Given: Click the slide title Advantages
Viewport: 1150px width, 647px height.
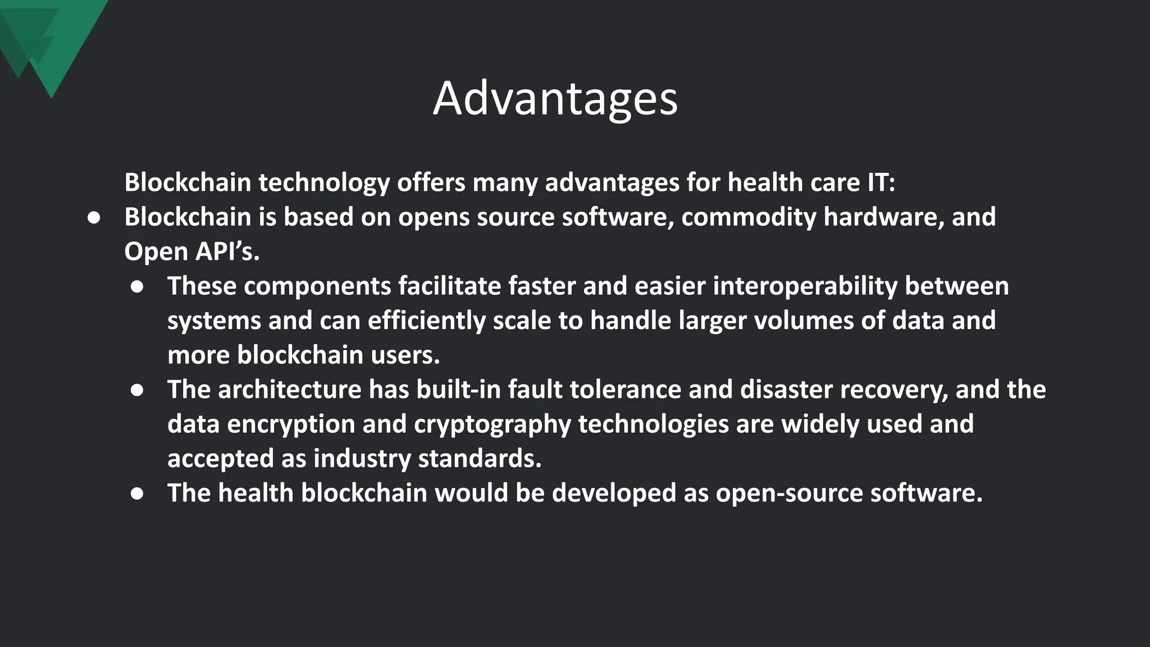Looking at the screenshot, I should coord(555,99).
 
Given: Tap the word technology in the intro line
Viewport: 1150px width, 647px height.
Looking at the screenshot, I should coord(324,183).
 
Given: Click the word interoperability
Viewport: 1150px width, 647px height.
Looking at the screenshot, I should coord(805,286).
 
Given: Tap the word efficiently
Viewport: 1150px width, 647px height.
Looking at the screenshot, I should coord(426,321).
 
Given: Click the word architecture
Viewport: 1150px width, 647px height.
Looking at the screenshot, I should coord(289,390).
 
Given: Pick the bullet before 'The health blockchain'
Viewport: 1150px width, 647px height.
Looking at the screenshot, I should coord(137,494).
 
